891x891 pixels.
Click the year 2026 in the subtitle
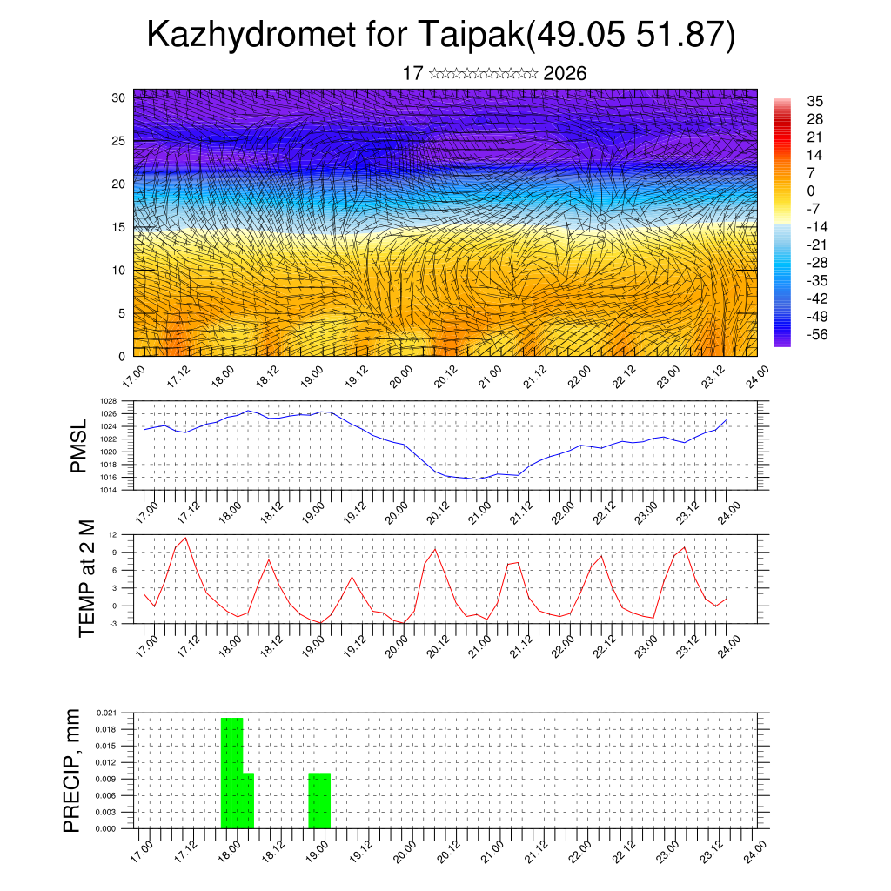click(x=565, y=74)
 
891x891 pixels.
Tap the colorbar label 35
click(x=815, y=102)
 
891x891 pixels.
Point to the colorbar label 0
click(x=811, y=191)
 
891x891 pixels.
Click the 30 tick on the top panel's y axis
click(x=119, y=97)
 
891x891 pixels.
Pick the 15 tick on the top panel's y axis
click(x=119, y=227)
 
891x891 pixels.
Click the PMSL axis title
click(x=79, y=445)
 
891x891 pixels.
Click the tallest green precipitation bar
click(x=231, y=773)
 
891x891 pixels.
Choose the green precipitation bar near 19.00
click(x=319, y=801)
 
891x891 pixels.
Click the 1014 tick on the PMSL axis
click(x=109, y=490)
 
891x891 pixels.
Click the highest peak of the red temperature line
click(x=185, y=538)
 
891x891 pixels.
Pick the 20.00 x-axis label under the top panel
click(x=400, y=380)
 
